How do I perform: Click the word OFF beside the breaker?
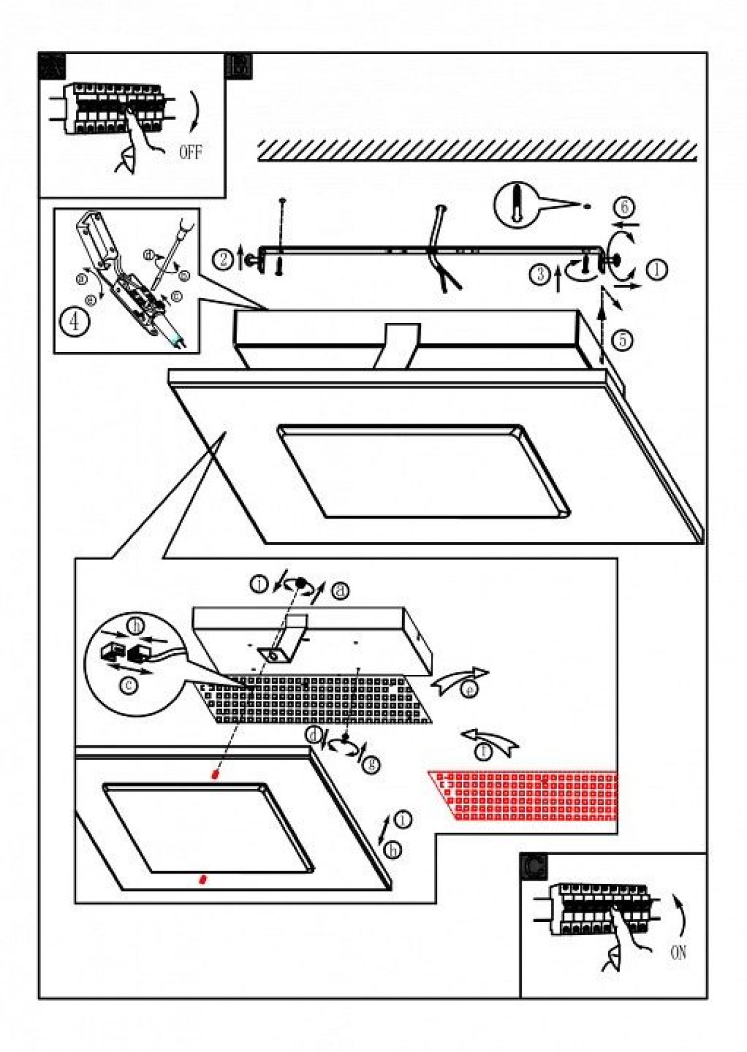click(190, 151)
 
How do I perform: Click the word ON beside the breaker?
click(678, 951)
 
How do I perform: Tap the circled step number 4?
click(75, 322)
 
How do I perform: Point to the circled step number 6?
click(624, 207)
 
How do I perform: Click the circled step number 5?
click(623, 340)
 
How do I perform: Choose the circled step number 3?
click(540, 274)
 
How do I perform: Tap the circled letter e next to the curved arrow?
click(471, 689)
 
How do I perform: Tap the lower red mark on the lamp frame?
click(202, 879)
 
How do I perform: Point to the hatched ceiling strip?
click(477, 150)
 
